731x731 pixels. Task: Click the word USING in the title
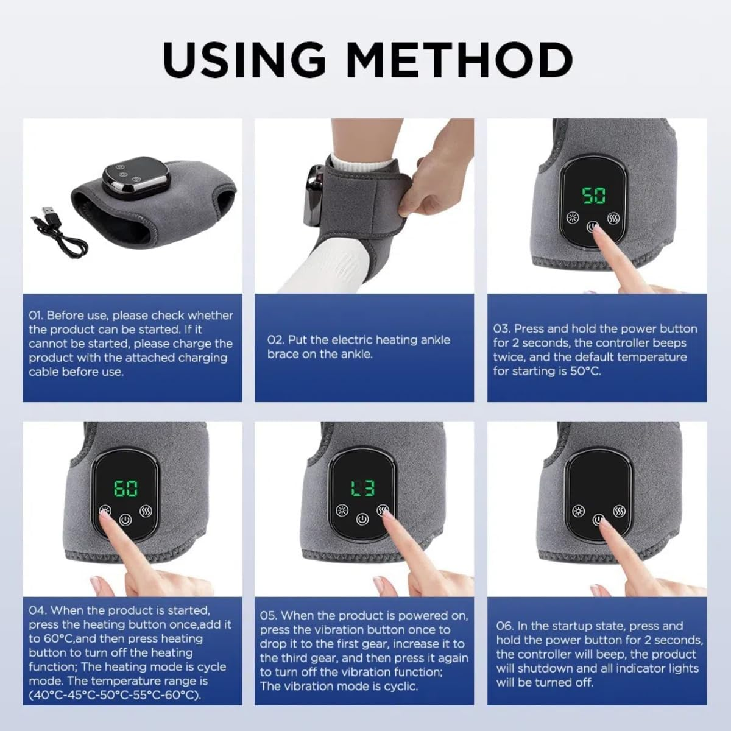(x=244, y=60)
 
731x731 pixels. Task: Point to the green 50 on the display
(x=593, y=196)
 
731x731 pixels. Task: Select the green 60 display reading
(x=125, y=488)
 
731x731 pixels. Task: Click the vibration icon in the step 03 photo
(x=613, y=218)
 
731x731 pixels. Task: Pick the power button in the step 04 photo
(x=125, y=520)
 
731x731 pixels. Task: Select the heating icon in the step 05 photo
(x=342, y=510)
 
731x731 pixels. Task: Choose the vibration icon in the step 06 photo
(x=619, y=510)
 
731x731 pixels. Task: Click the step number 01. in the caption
(x=36, y=316)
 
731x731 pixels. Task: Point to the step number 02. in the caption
(x=275, y=340)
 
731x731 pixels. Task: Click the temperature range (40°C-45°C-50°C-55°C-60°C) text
(x=115, y=695)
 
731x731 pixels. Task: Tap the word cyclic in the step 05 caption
(x=399, y=686)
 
